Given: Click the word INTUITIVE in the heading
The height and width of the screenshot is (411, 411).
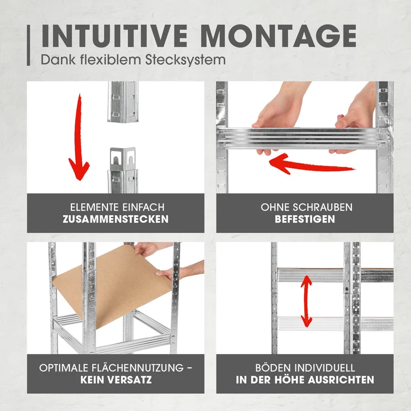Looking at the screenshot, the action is point(115,36).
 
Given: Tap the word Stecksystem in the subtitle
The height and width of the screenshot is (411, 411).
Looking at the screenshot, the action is point(185,60).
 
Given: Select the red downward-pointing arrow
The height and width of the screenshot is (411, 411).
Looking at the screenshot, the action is point(79,137).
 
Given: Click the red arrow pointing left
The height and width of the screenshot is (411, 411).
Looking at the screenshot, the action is point(312,164).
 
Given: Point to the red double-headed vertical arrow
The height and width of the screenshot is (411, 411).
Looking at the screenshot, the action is point(306,302).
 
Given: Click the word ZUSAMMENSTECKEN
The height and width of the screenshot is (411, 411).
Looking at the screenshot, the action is point(116,219).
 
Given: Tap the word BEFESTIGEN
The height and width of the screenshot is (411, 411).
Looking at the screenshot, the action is point(305,219).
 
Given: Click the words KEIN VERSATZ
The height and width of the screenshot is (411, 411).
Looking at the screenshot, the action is point(116,380).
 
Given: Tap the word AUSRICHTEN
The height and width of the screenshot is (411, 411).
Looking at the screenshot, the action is point(341,380).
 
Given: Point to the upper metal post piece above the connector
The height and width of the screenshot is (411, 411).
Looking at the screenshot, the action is point(123,102).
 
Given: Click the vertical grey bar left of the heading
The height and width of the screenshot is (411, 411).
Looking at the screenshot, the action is point(28,45).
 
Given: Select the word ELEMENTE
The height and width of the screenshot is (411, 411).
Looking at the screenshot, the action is point(91,208).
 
